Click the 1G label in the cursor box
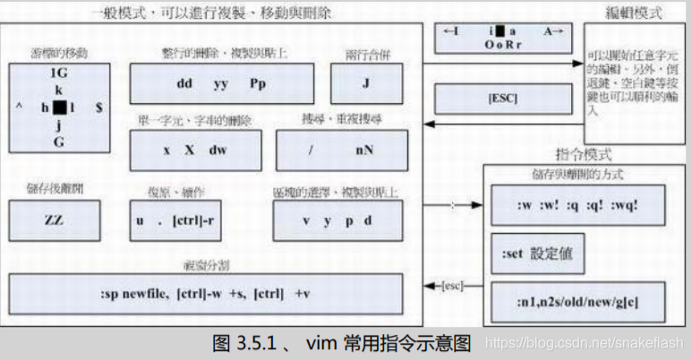[x=59, y=73]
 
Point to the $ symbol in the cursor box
[x=98, y=107]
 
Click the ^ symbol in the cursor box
[x=19, y=107]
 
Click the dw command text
[x=218, y=150]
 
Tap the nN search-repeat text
[x=363, y=150]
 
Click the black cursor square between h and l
[x=59, y=107]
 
